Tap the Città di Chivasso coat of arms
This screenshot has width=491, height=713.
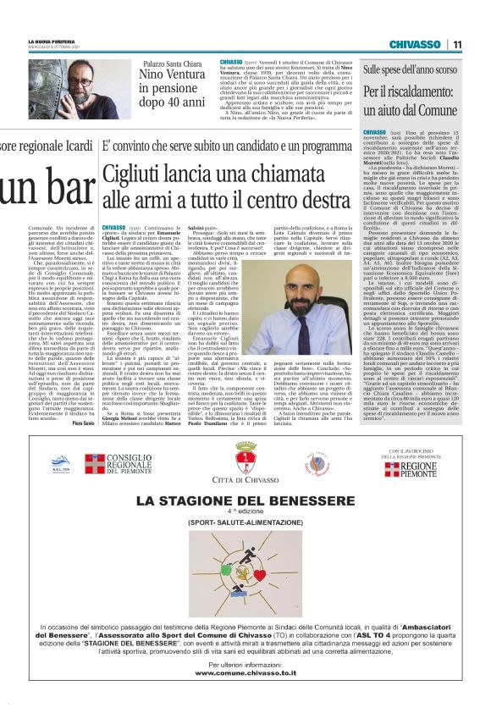pyautogui.click(x=245, y=462)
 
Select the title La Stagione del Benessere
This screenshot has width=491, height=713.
pyautogui.click(x=245, y=501)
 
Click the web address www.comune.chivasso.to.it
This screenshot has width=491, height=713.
pyautogui.click(x=245, y=672)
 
